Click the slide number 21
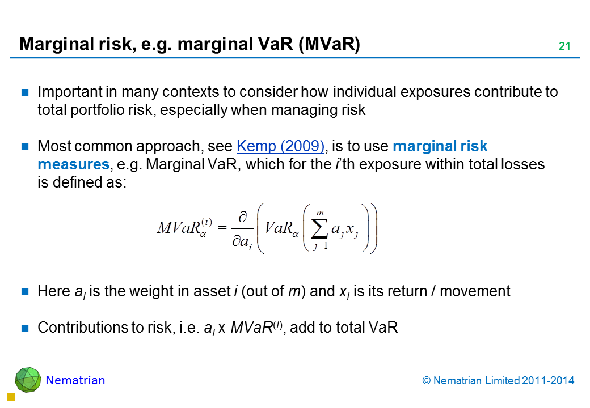(x=564, y=46)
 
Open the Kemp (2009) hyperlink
(x=280, y=146)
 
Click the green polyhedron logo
(x=28, y=380)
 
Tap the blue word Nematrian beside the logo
(x=75, y=380)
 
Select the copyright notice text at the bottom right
(x=498, y=381)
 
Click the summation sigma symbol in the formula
(x=319, y=229)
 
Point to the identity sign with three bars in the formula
(x=222, y=228)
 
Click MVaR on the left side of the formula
(x=179, y=228)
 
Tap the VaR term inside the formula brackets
(x=278, y=228)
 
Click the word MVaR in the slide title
(x=329, y=44)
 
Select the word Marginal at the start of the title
(x=56, y=44)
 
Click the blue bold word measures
(x=74, y=164)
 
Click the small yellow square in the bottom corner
(x=11, y=397)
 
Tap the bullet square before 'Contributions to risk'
(x=25, y=328)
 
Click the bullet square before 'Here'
(x=25, y=291)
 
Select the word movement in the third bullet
(x=475, y=291)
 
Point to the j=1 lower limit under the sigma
(x=321, y=246)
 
